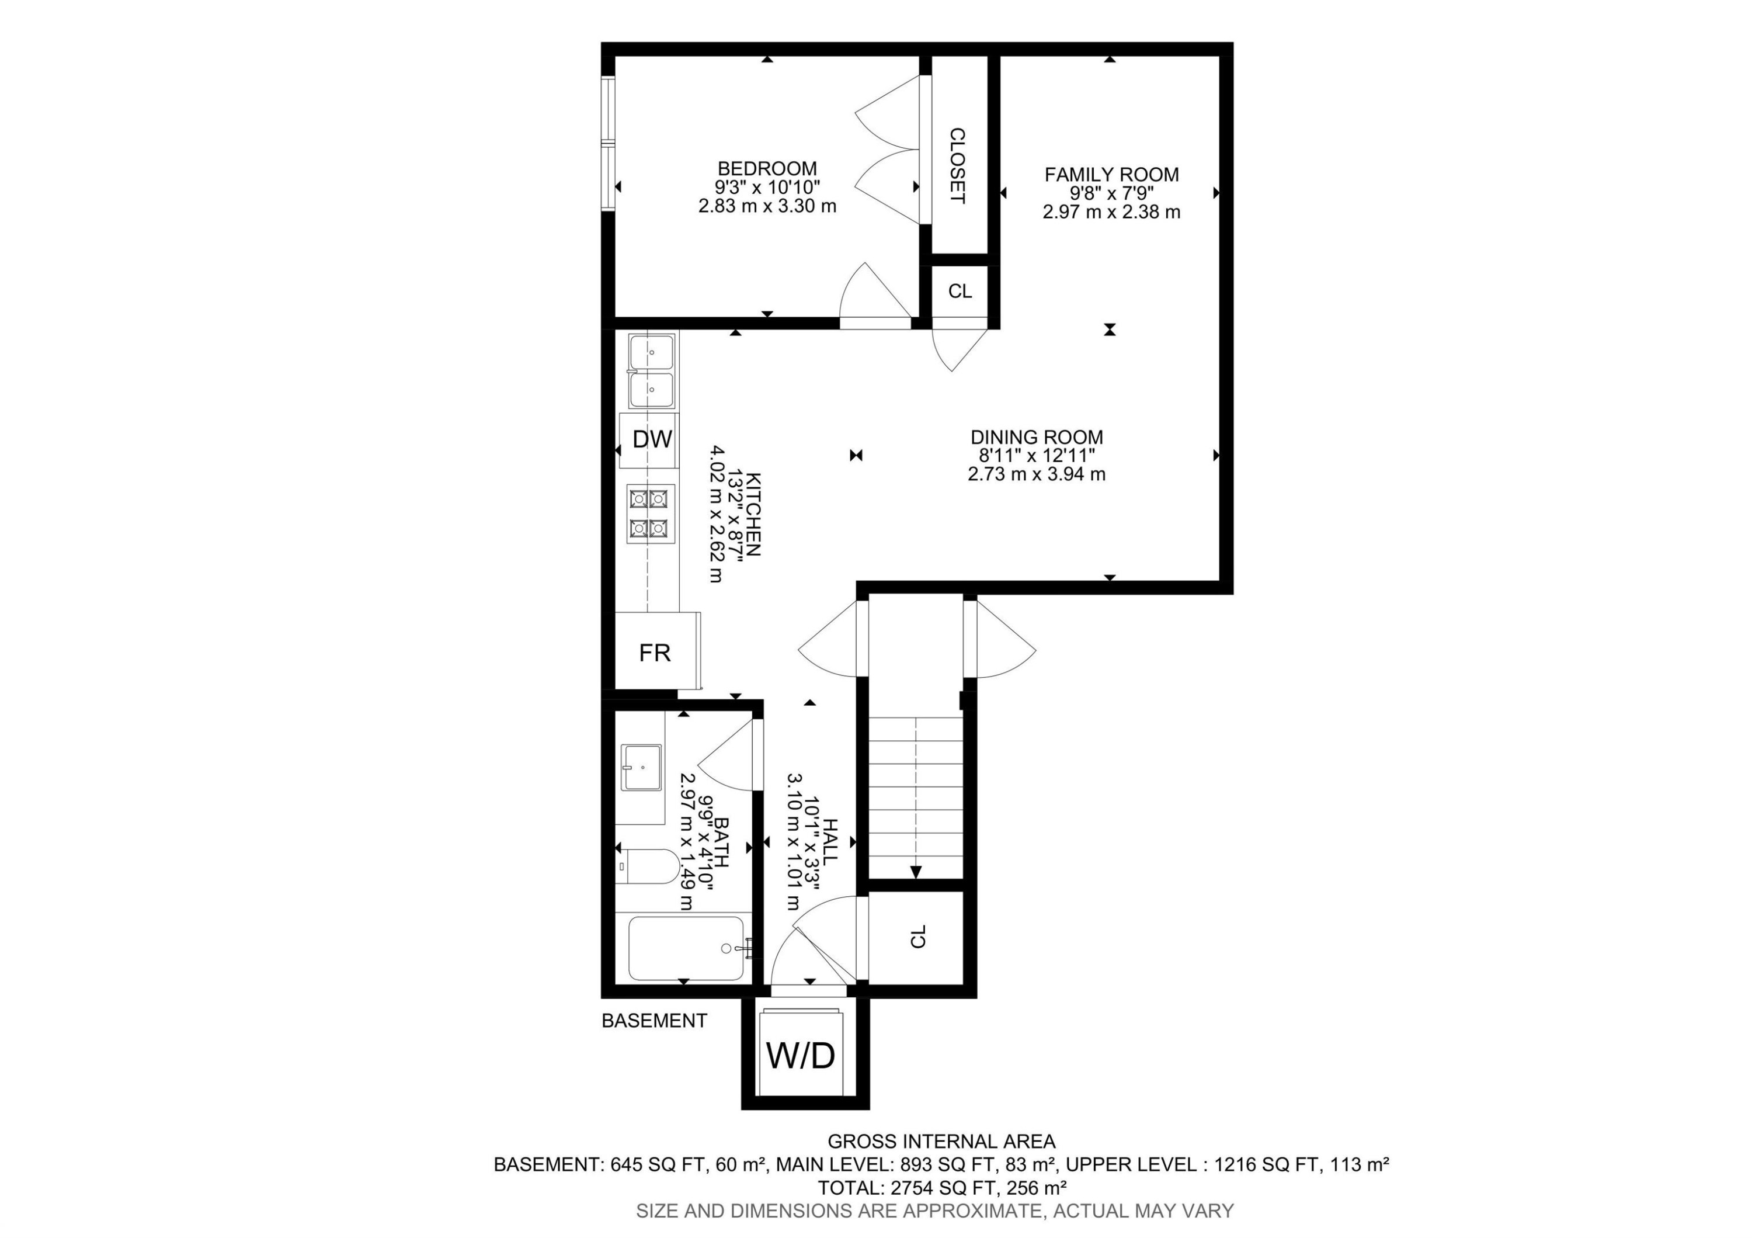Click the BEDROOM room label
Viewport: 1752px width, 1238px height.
[767, 168]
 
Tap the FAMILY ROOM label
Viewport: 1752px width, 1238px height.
[1111, 175]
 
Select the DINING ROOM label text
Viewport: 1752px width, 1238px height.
[1036, 438]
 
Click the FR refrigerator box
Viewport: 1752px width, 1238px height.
[655, 653]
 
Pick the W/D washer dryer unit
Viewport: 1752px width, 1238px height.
[801, 1056]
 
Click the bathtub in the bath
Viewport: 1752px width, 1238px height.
[684, 948]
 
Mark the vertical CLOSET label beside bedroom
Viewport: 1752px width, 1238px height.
[957, 165]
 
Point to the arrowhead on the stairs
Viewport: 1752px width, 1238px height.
[916, 872]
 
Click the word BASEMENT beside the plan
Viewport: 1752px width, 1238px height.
[654, 1021]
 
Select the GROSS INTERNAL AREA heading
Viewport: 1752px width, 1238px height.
[941, 1142]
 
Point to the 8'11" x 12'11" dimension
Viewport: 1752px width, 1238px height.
[1036, 456]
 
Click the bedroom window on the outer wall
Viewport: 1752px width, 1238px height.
[607, 142]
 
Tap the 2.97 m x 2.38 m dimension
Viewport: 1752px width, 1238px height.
[1111, 212]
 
